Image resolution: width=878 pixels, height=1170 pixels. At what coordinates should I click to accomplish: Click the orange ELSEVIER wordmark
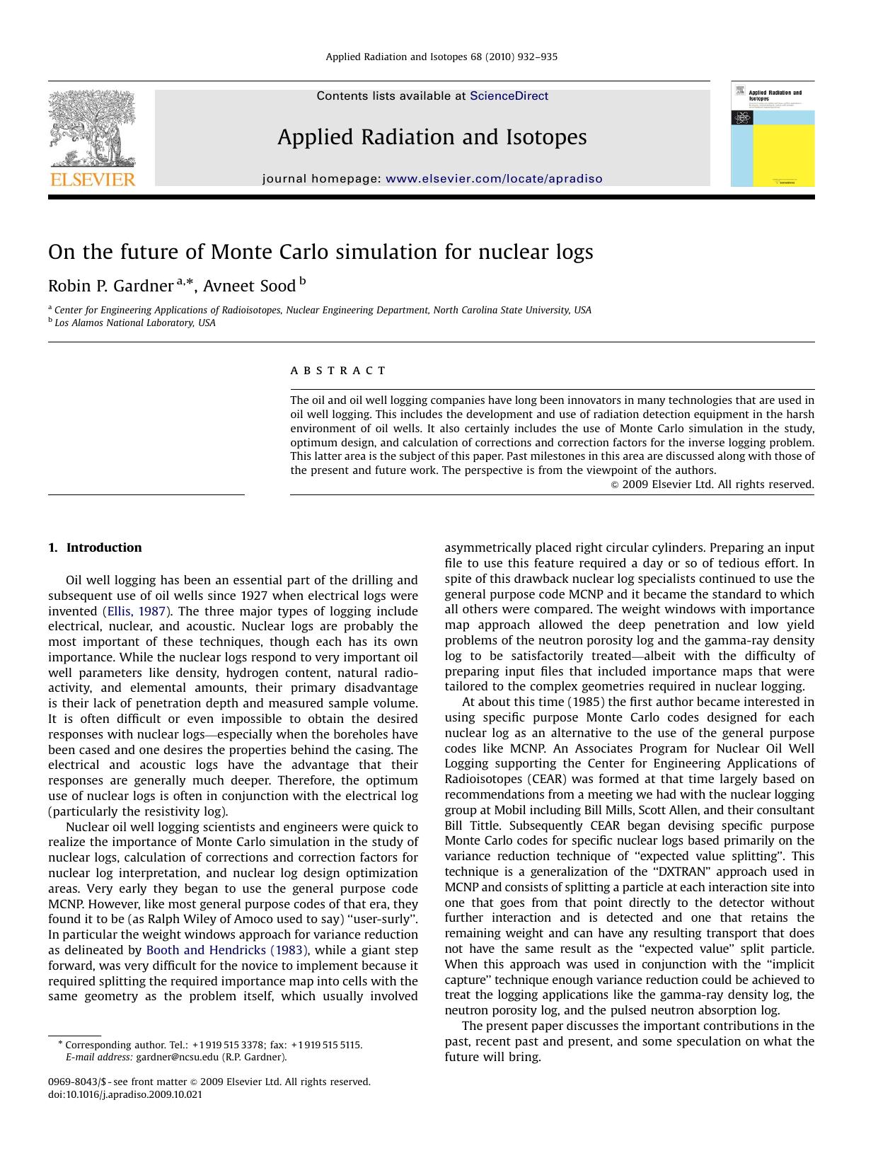click(92, 180)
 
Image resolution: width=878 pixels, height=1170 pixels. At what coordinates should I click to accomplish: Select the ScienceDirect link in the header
click(509, 96)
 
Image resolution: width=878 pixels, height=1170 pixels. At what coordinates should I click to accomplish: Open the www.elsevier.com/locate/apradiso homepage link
click(494, 179)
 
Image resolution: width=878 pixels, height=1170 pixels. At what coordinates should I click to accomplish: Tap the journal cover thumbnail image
click(773, 134)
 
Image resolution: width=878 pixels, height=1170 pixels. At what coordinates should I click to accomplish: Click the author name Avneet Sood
click(250, 286)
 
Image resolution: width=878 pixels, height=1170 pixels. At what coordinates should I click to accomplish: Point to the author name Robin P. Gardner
click(110, 286)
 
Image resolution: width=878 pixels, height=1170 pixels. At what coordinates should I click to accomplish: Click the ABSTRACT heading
click(338, 371)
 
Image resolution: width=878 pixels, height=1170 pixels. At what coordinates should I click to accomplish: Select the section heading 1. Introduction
click(95, 548)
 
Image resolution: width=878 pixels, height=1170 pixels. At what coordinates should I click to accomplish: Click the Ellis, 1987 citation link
click(136, 611)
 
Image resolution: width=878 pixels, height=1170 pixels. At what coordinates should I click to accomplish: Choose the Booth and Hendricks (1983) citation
click(226, 950)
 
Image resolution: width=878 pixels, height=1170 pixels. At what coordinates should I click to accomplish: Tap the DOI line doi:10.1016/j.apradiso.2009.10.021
click(125, 1094)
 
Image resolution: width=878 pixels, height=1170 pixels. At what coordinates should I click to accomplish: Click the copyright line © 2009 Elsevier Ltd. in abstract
click(712, 485)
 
